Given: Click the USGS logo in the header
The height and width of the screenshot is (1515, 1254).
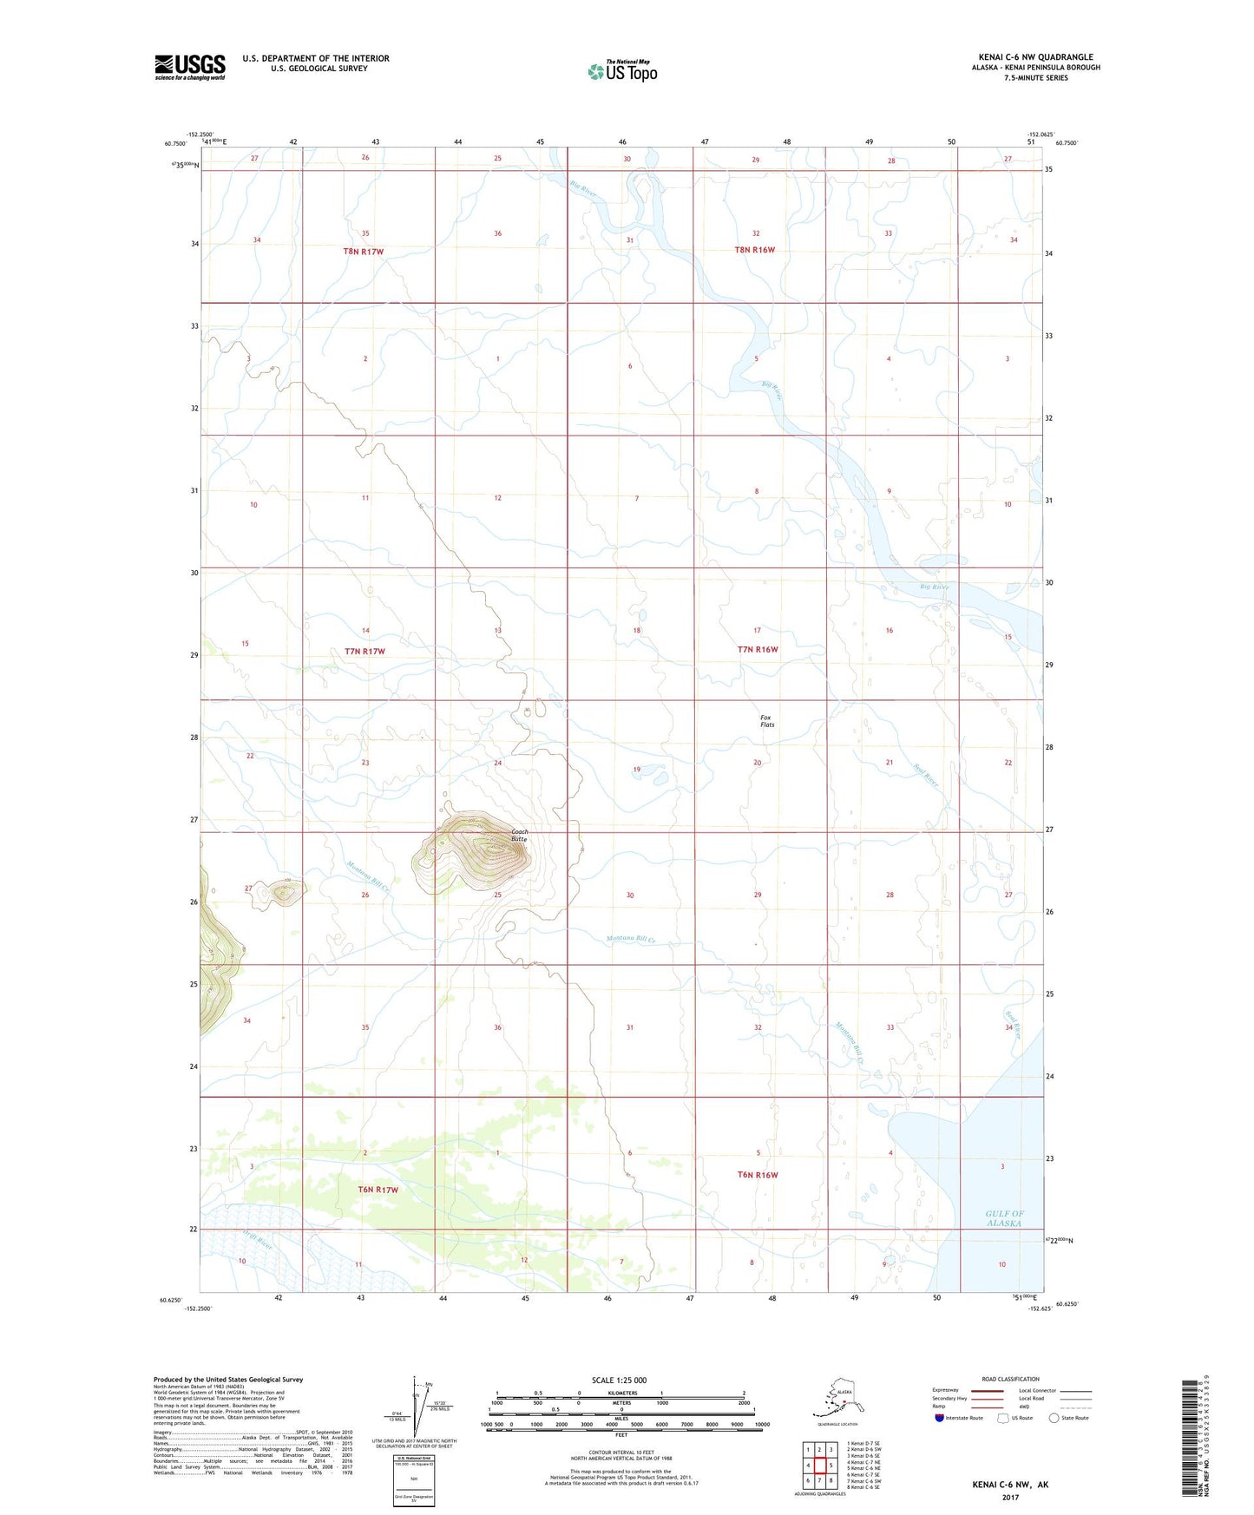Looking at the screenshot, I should coord(189,67).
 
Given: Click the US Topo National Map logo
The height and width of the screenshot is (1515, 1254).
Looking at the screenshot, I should coord(622,70).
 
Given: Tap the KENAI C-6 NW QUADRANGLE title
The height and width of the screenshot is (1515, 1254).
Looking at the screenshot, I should coord(1035,57).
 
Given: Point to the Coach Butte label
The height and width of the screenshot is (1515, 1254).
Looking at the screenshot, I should coord(519,836).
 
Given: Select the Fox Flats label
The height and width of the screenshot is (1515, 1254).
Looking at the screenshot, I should coord(766,721).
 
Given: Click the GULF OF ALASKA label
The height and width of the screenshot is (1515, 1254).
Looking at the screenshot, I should coord(1004,1218).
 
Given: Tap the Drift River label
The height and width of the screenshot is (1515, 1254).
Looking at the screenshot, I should coord(258,1242).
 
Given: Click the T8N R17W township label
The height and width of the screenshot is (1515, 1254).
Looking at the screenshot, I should coord(363,252).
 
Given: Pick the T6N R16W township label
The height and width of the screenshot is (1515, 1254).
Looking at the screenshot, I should coord(757,1175).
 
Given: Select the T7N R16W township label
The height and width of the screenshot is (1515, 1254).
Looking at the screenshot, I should coord(757,649).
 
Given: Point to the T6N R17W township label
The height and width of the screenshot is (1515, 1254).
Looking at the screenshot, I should coord(378,1190).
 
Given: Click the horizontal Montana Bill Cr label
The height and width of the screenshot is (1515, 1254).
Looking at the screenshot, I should coord(631,939).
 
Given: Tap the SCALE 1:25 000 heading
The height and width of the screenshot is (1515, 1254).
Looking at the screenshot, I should coord(619,1380).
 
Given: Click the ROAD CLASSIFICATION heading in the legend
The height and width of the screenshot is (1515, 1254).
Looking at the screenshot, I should coord(1010,1379).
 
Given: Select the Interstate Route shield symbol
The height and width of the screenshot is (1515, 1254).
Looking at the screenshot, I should coord(939,1418).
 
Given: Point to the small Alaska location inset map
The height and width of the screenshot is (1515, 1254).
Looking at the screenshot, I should coord(837,1401).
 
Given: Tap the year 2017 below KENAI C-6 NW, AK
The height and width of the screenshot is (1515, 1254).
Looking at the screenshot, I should coord(1010,1497).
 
